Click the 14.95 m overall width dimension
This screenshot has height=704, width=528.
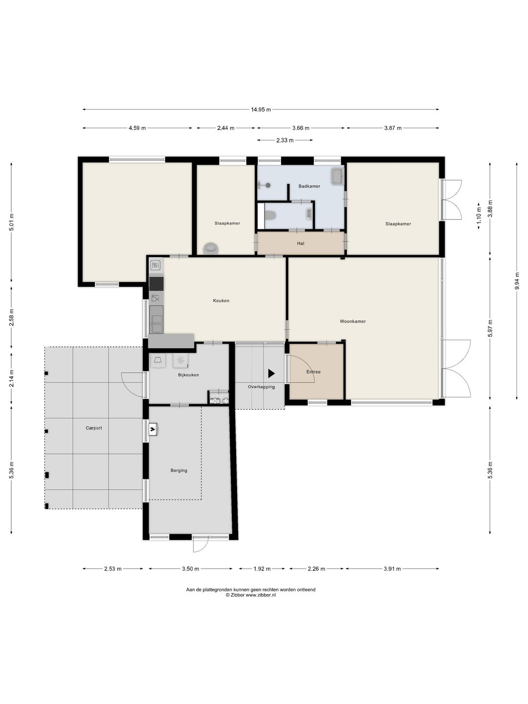[261, 110]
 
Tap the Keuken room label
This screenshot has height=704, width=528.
[221, 301]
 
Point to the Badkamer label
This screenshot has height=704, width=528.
[309, 186]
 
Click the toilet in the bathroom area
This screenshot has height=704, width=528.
[270, 215]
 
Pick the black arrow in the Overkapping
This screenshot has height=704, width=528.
[271, 374]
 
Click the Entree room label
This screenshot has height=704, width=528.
[313, 372]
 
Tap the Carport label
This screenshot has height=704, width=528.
[93, 428]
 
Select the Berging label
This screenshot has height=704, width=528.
[179, 470]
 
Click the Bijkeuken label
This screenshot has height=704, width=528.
[189, 374]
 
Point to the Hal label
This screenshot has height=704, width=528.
[300, 243]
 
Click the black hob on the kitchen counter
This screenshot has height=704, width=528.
[156, 284]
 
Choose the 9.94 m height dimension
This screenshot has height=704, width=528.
[517, 281]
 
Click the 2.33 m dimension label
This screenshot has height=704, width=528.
[284, 140]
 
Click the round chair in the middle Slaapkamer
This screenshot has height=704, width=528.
[211, 248]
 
